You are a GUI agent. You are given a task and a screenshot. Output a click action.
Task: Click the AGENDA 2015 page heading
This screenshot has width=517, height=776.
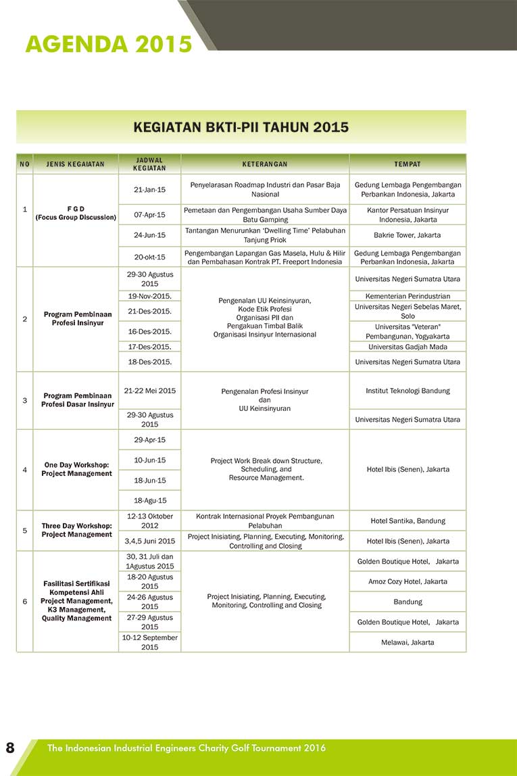click(x=109, y=44)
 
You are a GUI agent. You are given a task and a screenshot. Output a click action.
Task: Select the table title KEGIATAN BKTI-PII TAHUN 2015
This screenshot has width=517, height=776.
click(x=241, y=127)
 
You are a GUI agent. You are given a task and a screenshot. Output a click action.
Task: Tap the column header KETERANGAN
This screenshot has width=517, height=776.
click(x=265, y=164)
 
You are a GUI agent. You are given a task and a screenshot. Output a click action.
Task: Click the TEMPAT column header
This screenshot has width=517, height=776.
click(x=408, y=164)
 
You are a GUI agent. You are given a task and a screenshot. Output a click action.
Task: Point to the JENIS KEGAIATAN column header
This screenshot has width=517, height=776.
click(x=76, y=164)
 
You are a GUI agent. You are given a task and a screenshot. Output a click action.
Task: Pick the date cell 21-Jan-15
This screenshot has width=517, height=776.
click(x=149, y=190)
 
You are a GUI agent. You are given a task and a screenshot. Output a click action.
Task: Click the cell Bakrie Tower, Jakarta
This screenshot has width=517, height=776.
click(x=408, y=235)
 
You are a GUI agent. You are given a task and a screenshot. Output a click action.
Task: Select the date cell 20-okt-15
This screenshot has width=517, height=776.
click(x=149, y=257)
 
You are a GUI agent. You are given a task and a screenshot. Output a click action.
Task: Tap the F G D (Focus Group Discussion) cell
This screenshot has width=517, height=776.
click(x=76, y=213)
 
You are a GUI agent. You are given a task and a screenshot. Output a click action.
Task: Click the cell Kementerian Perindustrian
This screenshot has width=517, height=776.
click(x=408, y=296)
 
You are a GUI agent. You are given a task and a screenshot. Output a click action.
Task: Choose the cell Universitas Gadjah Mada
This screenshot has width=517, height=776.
click(x=408, y=347)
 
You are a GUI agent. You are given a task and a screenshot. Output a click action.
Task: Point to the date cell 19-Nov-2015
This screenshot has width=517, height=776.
click(x=149, y=296)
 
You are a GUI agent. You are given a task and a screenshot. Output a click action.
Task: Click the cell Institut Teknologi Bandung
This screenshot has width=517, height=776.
click(x=408, y=391)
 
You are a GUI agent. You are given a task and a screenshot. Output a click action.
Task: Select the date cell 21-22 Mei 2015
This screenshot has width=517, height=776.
click(x=149, y=391)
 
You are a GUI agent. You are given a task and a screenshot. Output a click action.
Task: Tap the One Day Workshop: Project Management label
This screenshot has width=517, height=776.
click(x=76, y=469)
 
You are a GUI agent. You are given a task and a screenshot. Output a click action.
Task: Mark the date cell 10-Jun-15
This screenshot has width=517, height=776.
click(x=149, y=460)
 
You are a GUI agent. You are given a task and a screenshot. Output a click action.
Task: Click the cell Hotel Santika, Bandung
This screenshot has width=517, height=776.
click(x=408, y=521)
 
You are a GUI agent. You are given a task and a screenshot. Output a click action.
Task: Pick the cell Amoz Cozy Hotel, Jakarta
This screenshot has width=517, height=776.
click(x=408, y=581)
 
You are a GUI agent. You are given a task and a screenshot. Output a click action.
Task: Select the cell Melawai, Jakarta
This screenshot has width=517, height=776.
click(x=408, y=642)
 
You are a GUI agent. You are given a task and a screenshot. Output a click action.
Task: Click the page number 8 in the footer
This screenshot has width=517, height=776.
click(x=10, y=748)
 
